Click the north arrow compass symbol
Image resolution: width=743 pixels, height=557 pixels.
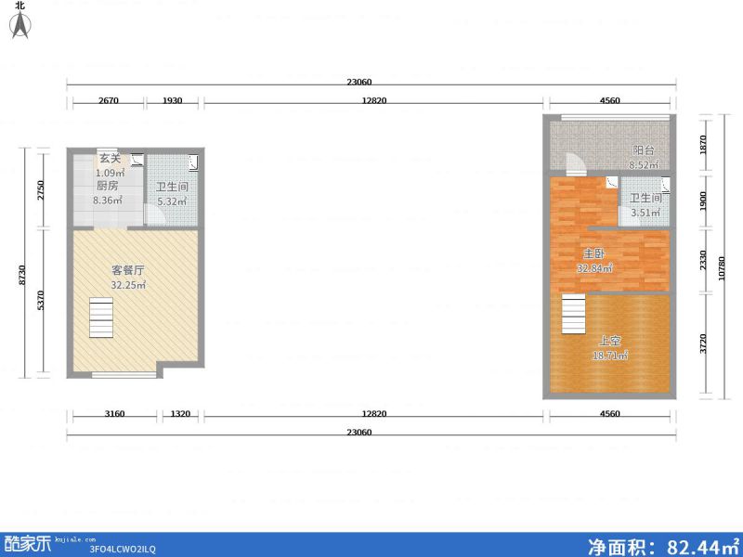(x=20, y=25)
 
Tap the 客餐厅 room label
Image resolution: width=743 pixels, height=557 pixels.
(x=128, y=270)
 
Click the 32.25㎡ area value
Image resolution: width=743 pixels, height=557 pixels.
(x=128, y=285)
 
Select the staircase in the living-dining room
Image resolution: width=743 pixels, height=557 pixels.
(x=101, y=317)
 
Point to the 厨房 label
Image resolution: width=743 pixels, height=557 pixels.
(x=108, y=187)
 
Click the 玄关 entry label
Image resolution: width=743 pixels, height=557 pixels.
(x=110, y=159)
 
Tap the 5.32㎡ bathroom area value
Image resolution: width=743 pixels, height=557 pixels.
(x=172, y=201)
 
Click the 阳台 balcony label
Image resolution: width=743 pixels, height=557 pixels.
(x=644, y=150)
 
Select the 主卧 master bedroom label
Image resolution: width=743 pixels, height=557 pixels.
(x=593, y=253)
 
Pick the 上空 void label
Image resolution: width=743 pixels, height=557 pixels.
(x=610, y=341)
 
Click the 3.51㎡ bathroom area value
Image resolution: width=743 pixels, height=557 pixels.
(x=645, y=213)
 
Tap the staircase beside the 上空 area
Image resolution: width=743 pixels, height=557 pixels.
(x=574, y=314)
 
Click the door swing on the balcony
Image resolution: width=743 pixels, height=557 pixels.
(x=576, y=162)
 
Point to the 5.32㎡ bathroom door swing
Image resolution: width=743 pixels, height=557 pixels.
(x=154, y=214)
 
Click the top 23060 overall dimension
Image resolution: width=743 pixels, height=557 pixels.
(x=359, y=82)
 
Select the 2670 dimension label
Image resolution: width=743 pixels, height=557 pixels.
(x=108, y=100)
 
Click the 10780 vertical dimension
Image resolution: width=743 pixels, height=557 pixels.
(x=722, y=268)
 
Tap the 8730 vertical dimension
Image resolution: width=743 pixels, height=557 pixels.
(x=21, y=275)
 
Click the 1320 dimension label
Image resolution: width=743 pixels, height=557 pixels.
(x=180, y=413)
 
